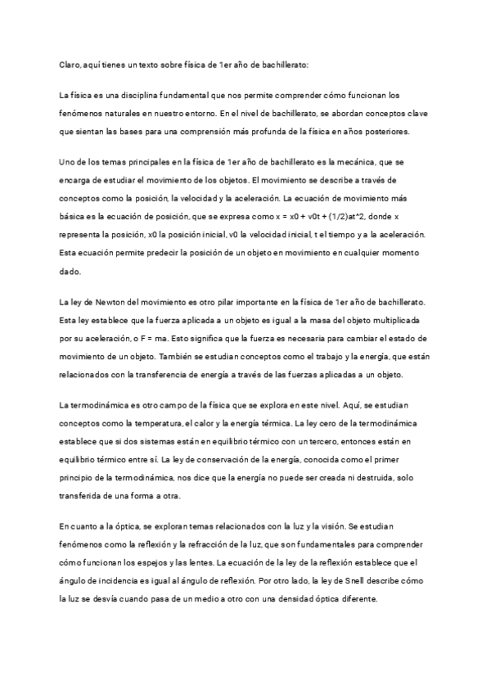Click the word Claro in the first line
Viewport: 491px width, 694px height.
71,64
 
